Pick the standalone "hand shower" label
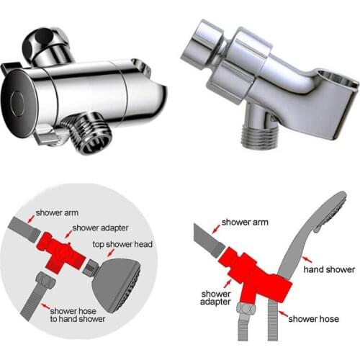(x=330, y=269)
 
